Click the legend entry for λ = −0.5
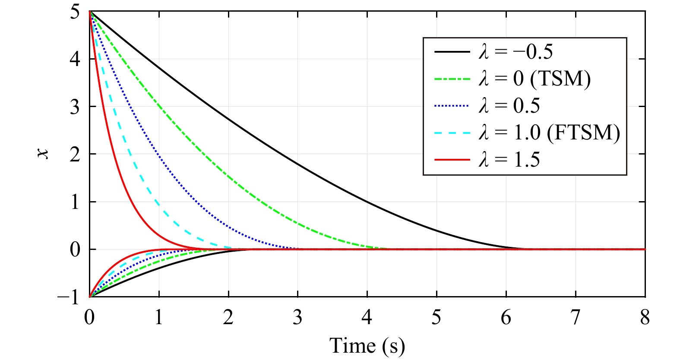click(x=516, y=52)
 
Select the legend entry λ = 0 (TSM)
click(x=535, y=79)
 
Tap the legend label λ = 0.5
click(x=509, y=106)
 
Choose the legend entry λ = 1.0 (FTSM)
click(x=549, y=133)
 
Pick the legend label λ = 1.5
click(x=509, y=160)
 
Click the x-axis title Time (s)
click(x=367, y=346)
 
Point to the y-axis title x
click(x=43, y=154)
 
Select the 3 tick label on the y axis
click(x=75, y=107)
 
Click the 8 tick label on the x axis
click(x=645, y=318)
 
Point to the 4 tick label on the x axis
click(x=367, y=318)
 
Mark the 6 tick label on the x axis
click(x=506, y=318)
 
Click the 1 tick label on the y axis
click(x=75, y=202)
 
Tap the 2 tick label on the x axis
click(x=228, y=318)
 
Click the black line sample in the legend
click(x=452, y=52)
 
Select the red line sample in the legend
click(x=452, y=160)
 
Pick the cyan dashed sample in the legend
click(x=452, y=133)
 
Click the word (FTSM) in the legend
click(x=583, y=133)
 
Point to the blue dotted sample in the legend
click(x=452, y=106)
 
